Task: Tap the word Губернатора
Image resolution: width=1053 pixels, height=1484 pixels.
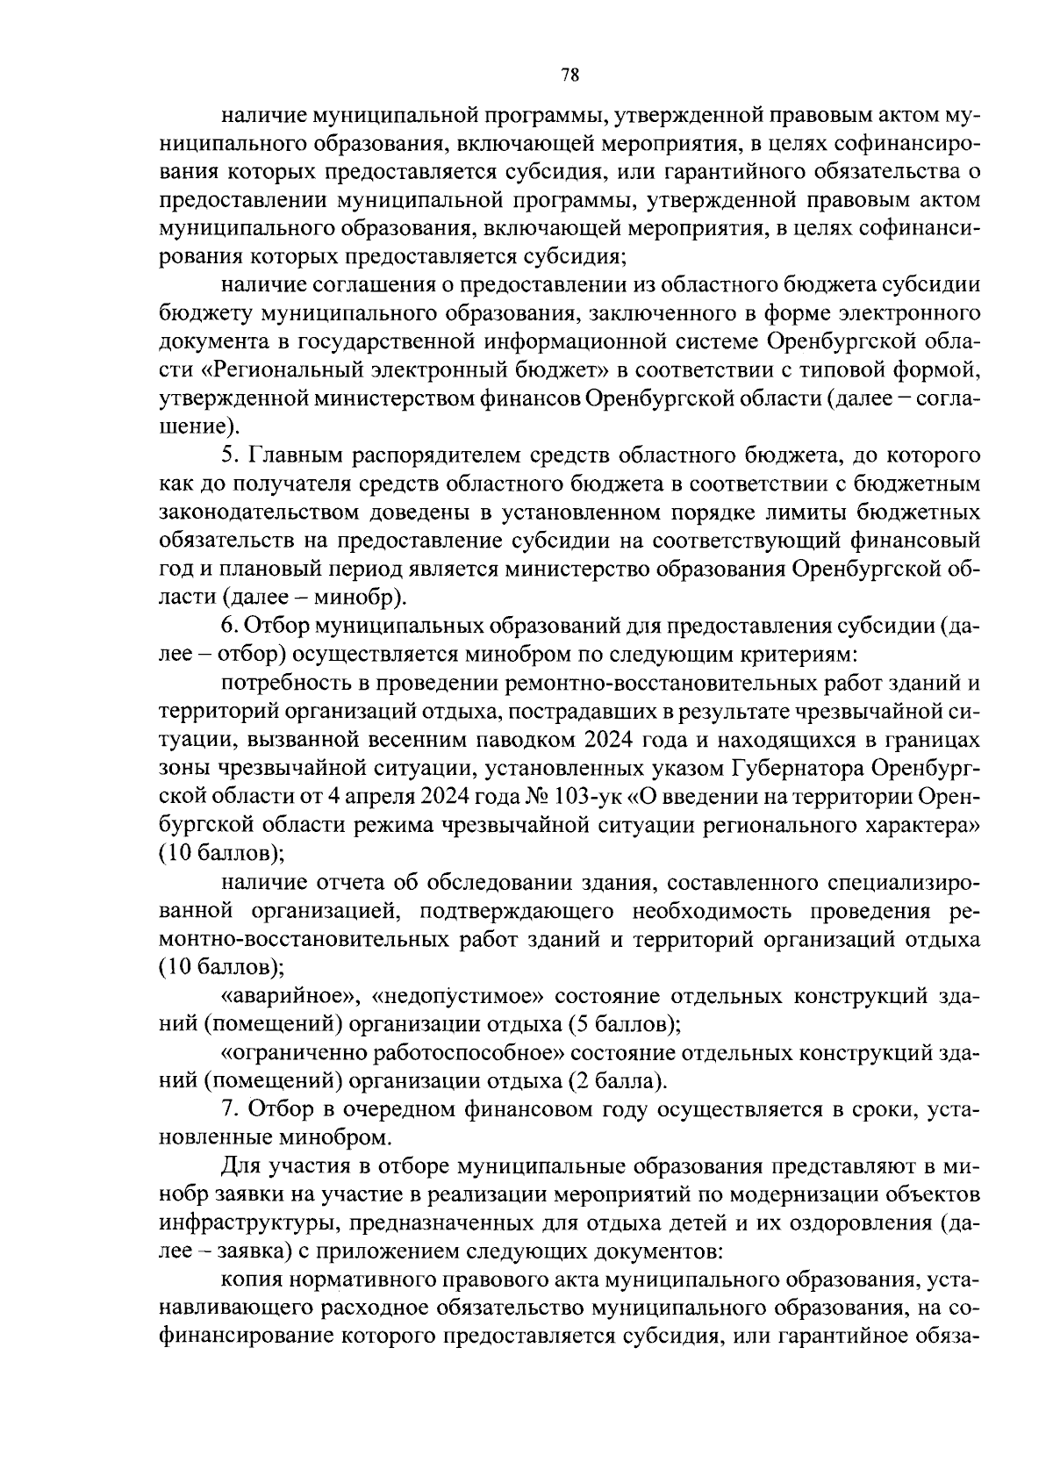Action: tap(798, 770)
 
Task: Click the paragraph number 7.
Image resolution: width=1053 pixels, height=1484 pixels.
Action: tap(229, 1110)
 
